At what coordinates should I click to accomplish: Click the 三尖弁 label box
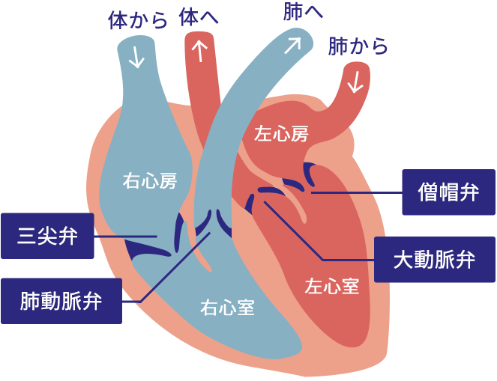click(x=47, y=237)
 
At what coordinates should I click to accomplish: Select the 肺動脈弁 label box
click(x=61, y=301)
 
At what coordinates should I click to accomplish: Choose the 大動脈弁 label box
click(x=434, y=259)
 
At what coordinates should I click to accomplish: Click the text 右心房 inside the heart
click(x=149, y=180)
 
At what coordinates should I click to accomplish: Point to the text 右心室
click(x=226, y=307)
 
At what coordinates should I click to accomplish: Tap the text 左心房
click(x=281, y=134)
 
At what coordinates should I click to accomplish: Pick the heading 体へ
click(x=199, y=17)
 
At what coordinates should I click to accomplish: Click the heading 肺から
click(x=358, y=46)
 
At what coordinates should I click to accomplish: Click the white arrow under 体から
click(x=136, y=58)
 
